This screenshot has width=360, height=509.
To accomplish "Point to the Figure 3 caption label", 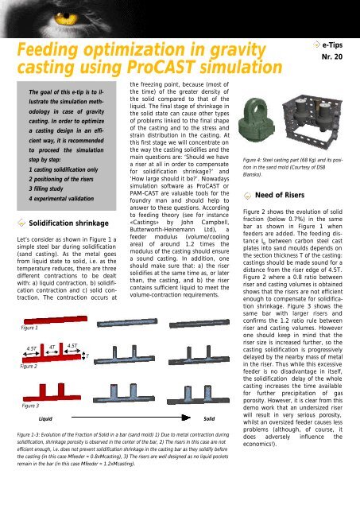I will click(30, 404).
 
